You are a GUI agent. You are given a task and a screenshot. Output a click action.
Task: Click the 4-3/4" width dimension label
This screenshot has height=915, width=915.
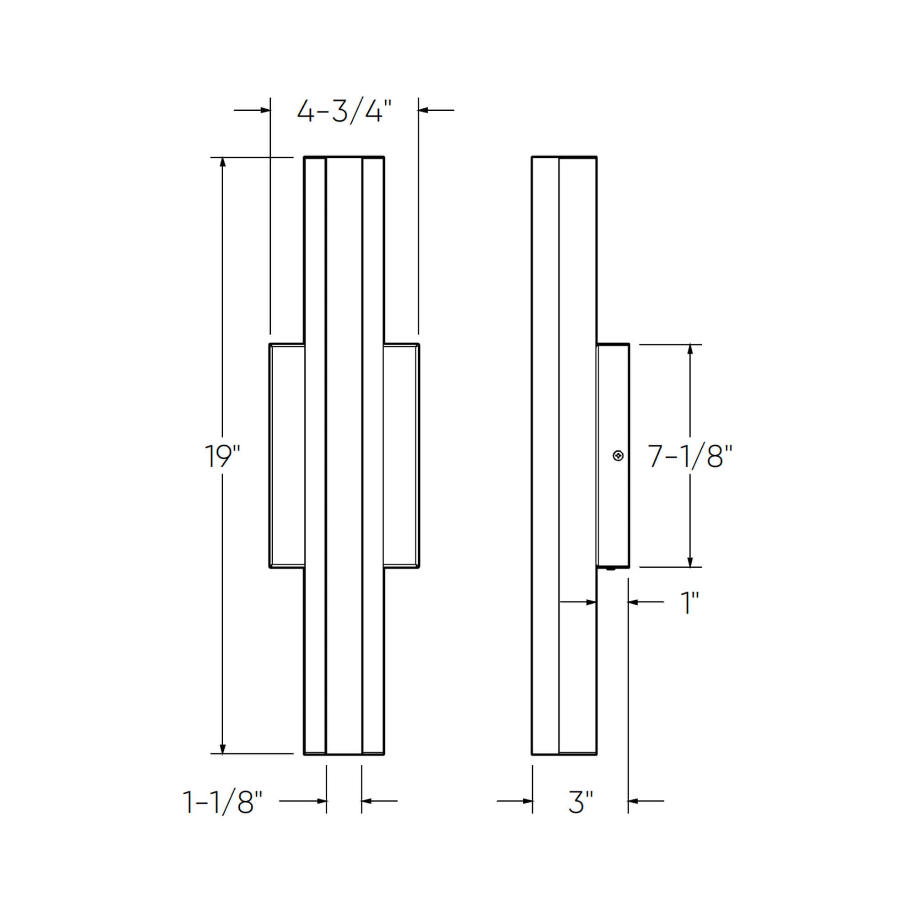pos(344,112)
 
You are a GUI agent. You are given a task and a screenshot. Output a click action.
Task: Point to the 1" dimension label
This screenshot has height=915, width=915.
pos(689,603)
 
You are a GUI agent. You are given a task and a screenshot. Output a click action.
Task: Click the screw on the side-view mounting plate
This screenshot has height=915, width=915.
pos(618,456)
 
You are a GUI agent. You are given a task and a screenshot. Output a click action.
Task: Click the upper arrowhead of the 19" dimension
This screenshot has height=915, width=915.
pos(223,162)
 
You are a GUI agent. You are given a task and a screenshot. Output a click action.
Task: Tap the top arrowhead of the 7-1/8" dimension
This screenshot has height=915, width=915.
pos(690,350)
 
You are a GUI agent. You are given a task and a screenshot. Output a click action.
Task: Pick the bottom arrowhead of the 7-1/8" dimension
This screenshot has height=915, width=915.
pos(690,561)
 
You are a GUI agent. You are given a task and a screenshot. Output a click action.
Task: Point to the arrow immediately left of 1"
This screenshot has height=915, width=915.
pos(632,602)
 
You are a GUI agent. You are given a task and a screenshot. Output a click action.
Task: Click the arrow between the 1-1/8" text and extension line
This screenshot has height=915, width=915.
pos(321,801)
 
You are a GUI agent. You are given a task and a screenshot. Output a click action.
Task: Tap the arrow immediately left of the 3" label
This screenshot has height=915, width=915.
pos(527,801)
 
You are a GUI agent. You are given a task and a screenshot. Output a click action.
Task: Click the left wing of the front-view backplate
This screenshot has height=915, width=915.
pos(287,456)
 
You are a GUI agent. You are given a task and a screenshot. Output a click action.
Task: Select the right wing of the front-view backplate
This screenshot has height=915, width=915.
pos(401,456)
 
